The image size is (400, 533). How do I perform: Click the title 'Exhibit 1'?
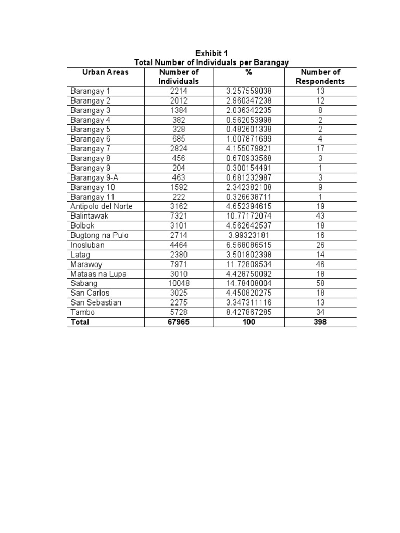click(211, 53)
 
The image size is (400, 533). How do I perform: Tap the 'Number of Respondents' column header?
click(320, 77)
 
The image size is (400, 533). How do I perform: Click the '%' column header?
click(248, 72)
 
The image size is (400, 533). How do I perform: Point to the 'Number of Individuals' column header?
click(179, 77)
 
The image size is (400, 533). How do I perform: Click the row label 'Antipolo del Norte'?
click(102, 206)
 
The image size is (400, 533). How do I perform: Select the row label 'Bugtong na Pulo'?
click(99, 235)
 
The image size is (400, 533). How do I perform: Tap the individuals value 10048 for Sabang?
click(179, 283)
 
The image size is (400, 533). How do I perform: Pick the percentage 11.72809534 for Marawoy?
click(248, 264)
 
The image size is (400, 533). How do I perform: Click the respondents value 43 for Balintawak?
click(320, 216)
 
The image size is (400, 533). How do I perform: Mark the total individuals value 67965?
click(179, 322)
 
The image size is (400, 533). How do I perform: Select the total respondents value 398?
click(320, 322)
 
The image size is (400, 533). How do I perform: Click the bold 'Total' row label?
click(80, 322)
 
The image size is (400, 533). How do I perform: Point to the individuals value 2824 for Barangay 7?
click(179, 149)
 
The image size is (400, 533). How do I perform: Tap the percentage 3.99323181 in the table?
click(248, 235)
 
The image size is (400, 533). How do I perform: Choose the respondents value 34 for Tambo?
click(320, 312)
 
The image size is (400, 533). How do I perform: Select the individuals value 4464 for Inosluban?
click(179, 245)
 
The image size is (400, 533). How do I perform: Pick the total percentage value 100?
click(248, 322)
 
